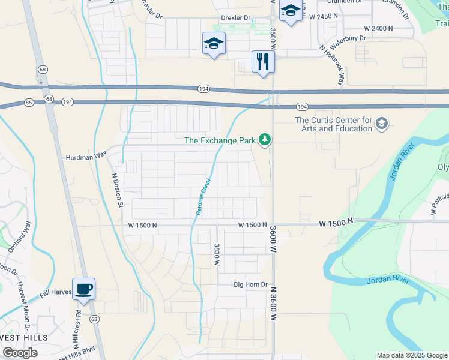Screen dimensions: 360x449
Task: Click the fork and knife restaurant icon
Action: [x=263, y=62]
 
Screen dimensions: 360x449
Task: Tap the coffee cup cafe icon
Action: [x=83, y=290]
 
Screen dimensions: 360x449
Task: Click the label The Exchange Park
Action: [x=220, y=140]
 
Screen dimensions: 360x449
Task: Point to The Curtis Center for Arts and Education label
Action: [x=334, y=124]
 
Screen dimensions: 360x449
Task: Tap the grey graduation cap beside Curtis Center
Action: [x=380, y=124]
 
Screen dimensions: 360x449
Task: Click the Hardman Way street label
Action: [x=85, y=155]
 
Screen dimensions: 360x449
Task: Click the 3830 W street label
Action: [x=216, y=254]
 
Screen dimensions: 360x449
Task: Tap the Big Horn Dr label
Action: [x=250, y=284]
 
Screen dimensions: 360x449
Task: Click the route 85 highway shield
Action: [x=29, y=102]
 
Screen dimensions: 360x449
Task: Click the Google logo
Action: [x=20, y=353]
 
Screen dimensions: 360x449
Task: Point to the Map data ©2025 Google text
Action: [x=411, y=355]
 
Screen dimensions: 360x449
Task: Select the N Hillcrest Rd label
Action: [x=77, y=330]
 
